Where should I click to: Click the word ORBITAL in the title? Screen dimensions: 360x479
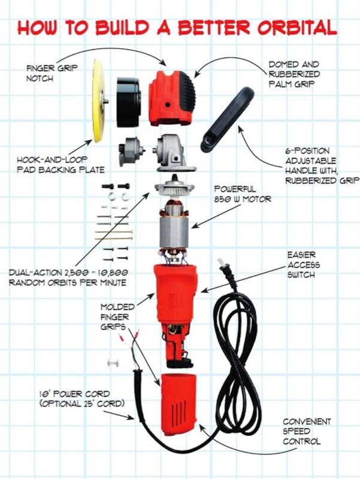[297, 28]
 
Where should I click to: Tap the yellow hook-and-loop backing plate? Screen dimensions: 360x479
[98, 101]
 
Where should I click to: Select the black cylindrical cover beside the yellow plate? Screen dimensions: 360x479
[129, 102]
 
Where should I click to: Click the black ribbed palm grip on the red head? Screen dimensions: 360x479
[185, 93]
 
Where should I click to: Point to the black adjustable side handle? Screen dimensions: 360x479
[227, 120]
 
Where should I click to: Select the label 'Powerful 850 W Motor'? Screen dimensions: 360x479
[243, 194]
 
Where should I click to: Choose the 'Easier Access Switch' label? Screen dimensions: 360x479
[304, 265]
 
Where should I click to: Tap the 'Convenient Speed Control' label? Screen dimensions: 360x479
[307, 431]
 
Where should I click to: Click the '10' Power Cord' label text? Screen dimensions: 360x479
[74, 394]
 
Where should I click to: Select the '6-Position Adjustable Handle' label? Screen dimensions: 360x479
[322, 166]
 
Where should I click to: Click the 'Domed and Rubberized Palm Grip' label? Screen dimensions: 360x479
[294, 74]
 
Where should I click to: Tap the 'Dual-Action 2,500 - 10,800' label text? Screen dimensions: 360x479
[68, 272]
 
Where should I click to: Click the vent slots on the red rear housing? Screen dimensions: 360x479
[178, 411]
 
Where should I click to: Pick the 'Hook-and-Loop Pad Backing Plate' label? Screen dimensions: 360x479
[60, 165]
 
